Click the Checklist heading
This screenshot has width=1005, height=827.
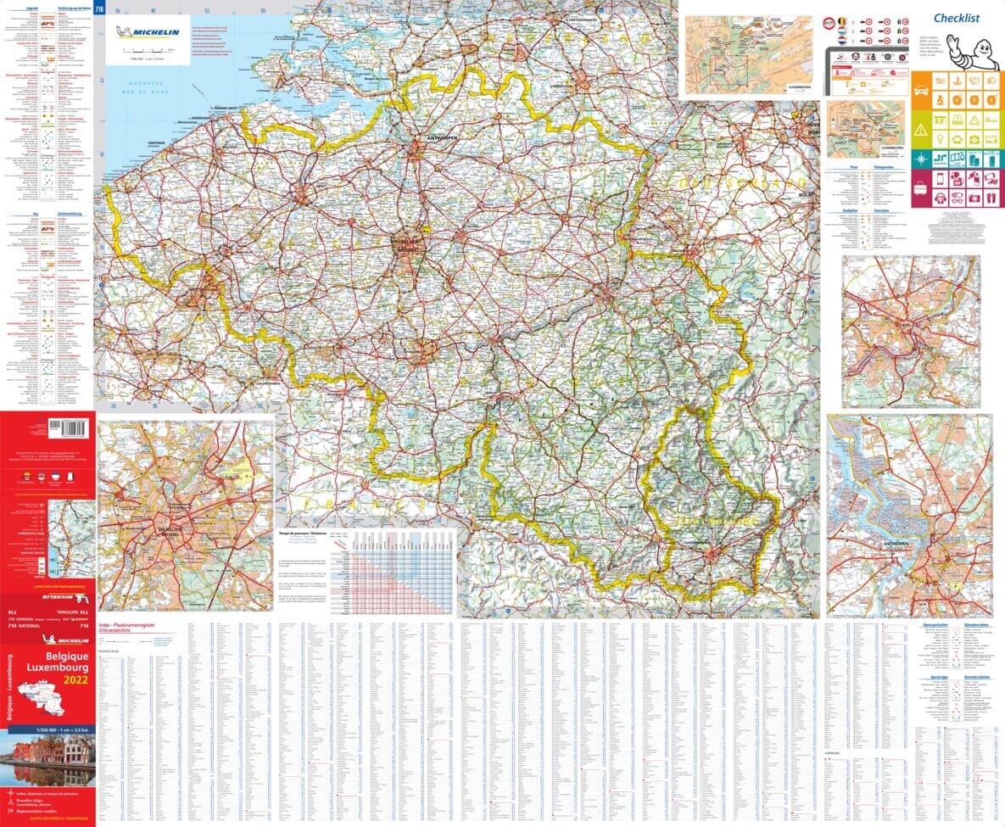pyautogui.click(x=957, y=18)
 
